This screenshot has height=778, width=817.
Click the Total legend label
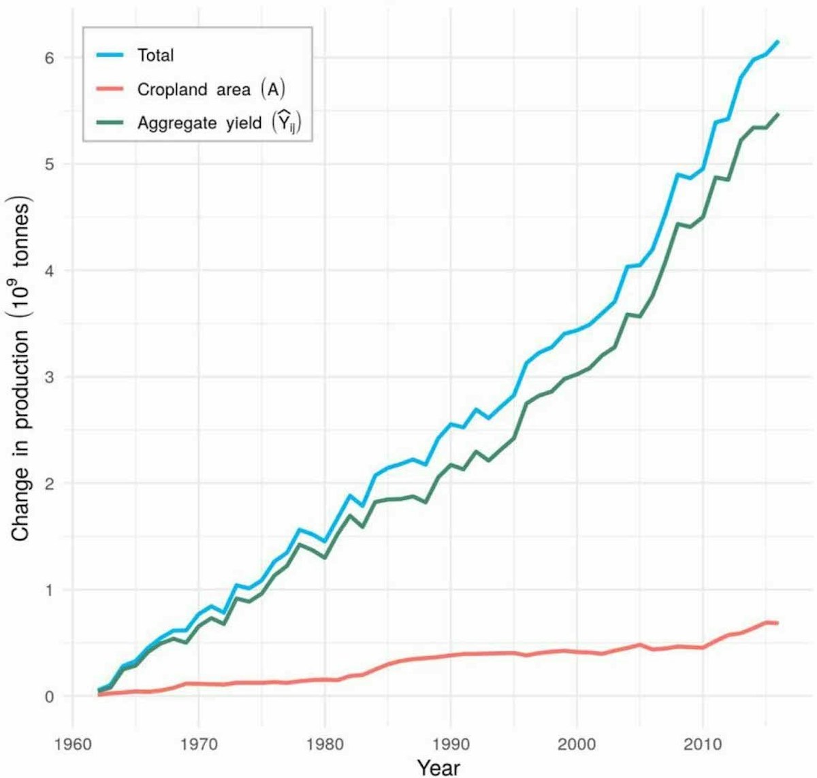tap(155, 55)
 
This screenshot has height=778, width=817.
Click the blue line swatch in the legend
tap(109, 55)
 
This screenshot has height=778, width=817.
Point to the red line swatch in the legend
tap(109, 89)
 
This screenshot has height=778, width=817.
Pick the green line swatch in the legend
tap(109, 123)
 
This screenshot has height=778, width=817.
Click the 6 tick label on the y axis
tap(49, 58)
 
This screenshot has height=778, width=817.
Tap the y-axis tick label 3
tap(49, 377)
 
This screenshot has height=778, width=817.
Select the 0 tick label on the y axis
tap(49, 696)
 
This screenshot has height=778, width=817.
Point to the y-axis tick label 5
tap(49, 164)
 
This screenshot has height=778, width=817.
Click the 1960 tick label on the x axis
tap(72, 744)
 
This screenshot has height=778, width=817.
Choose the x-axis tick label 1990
tap(450, 744)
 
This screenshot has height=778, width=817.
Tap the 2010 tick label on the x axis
tap(702, 744)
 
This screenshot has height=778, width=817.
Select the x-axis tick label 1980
tap(324, 744)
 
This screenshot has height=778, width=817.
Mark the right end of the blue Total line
tap(778, 42)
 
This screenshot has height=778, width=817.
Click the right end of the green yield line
tap(778, 114)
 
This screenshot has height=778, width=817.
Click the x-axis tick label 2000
tap(576, 744)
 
